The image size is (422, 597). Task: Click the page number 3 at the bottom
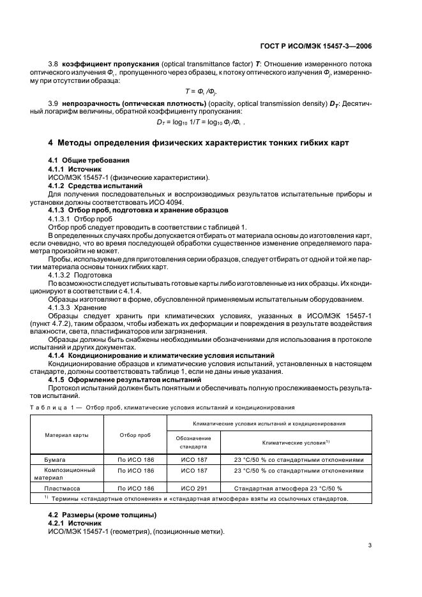click(x=370, y=545)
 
